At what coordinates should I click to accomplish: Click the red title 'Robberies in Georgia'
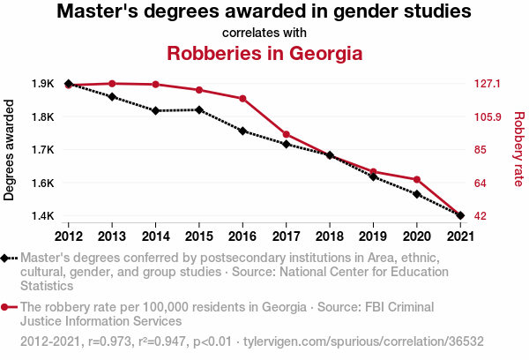point(264,52)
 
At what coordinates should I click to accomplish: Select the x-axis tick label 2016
point(242,236)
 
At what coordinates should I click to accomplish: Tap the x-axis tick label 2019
point(372,236)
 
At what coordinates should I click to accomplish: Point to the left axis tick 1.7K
point(43,150)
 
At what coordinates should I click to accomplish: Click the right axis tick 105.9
point(487,116)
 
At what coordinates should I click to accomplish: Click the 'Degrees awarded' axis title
point(10,150)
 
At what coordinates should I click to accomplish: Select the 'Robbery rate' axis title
point(518,150)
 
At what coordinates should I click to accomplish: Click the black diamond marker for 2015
point(199,110)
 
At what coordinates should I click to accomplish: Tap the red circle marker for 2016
point(242,99)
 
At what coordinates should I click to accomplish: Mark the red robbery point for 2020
point(416,180)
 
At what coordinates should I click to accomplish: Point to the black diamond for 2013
point(112,96)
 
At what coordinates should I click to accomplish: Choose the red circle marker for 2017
point(286,135)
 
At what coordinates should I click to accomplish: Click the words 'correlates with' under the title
point(264,33)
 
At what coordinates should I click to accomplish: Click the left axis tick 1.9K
point(43,84)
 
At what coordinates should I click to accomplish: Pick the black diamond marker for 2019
point(373,177)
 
